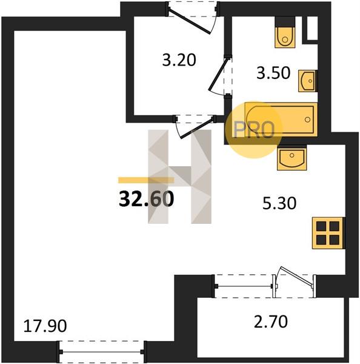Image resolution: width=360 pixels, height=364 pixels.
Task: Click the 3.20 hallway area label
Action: pos(179,60)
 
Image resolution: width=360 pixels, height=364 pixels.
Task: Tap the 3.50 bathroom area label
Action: pos(273,73)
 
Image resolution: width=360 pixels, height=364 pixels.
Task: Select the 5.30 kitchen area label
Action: pos(279,203)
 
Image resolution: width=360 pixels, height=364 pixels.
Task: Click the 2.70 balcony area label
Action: pos(271,322)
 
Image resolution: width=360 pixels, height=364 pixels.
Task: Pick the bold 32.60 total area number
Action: pos(146,199)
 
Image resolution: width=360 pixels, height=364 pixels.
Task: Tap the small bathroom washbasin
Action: pos(308,81)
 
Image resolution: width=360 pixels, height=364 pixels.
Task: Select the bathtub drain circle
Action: pos(308,120)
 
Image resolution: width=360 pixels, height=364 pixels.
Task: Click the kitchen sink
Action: pos(292,158)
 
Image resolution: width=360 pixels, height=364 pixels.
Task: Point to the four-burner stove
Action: pos(328,233)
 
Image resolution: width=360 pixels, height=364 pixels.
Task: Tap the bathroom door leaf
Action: pos(218,74)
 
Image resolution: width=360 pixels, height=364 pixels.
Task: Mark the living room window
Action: pos(102,352)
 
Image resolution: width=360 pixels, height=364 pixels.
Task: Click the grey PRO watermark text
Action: pos(254,130)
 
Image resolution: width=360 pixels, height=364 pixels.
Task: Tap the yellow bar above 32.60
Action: pos(146,180)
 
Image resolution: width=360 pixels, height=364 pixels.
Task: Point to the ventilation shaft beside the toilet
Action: pos(312,28)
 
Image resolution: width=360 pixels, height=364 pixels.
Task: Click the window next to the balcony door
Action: pos(244,286)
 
